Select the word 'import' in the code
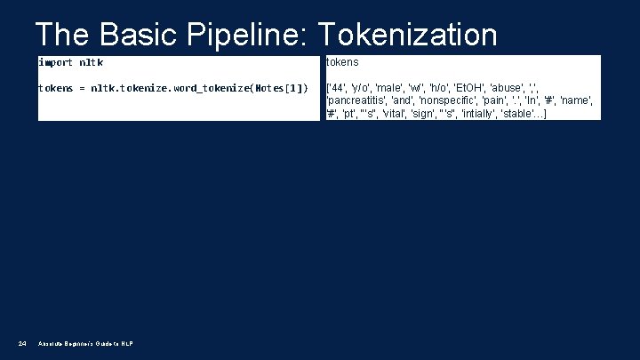click(56, 62)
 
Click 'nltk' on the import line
click(91, 62)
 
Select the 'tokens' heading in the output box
click(342, 62)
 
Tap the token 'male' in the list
click(390, 88)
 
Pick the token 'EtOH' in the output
click(470, 88)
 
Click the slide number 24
click(22, 344)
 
